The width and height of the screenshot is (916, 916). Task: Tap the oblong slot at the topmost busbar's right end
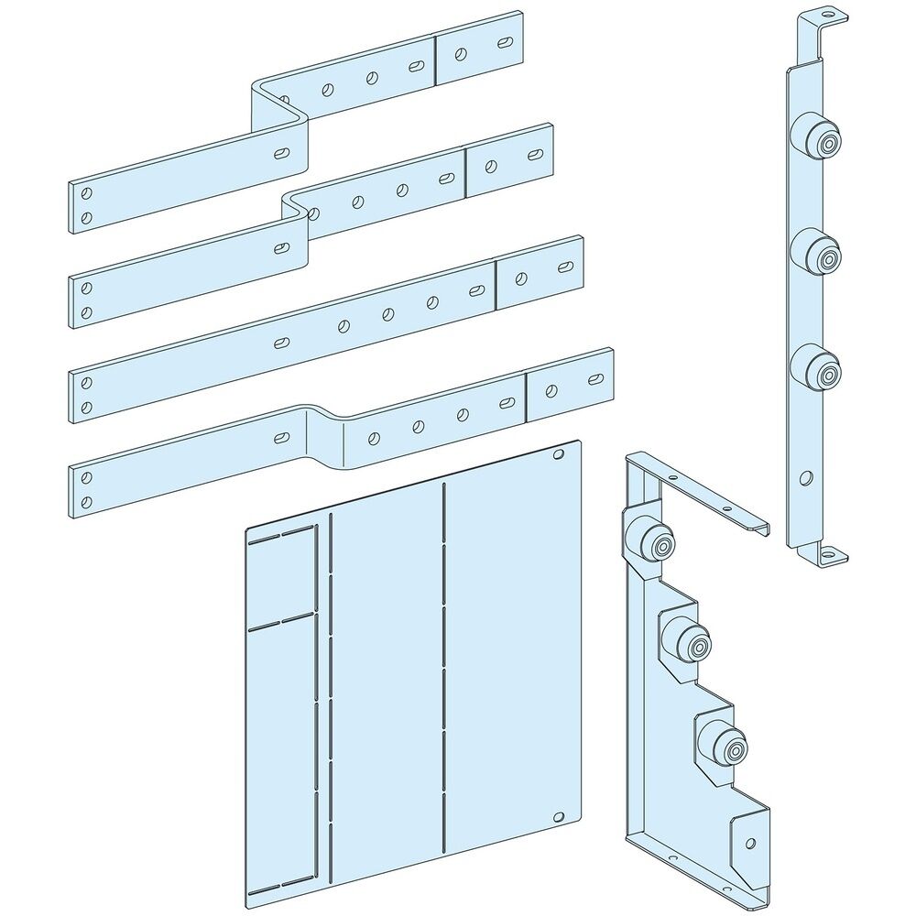coord(504,43)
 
